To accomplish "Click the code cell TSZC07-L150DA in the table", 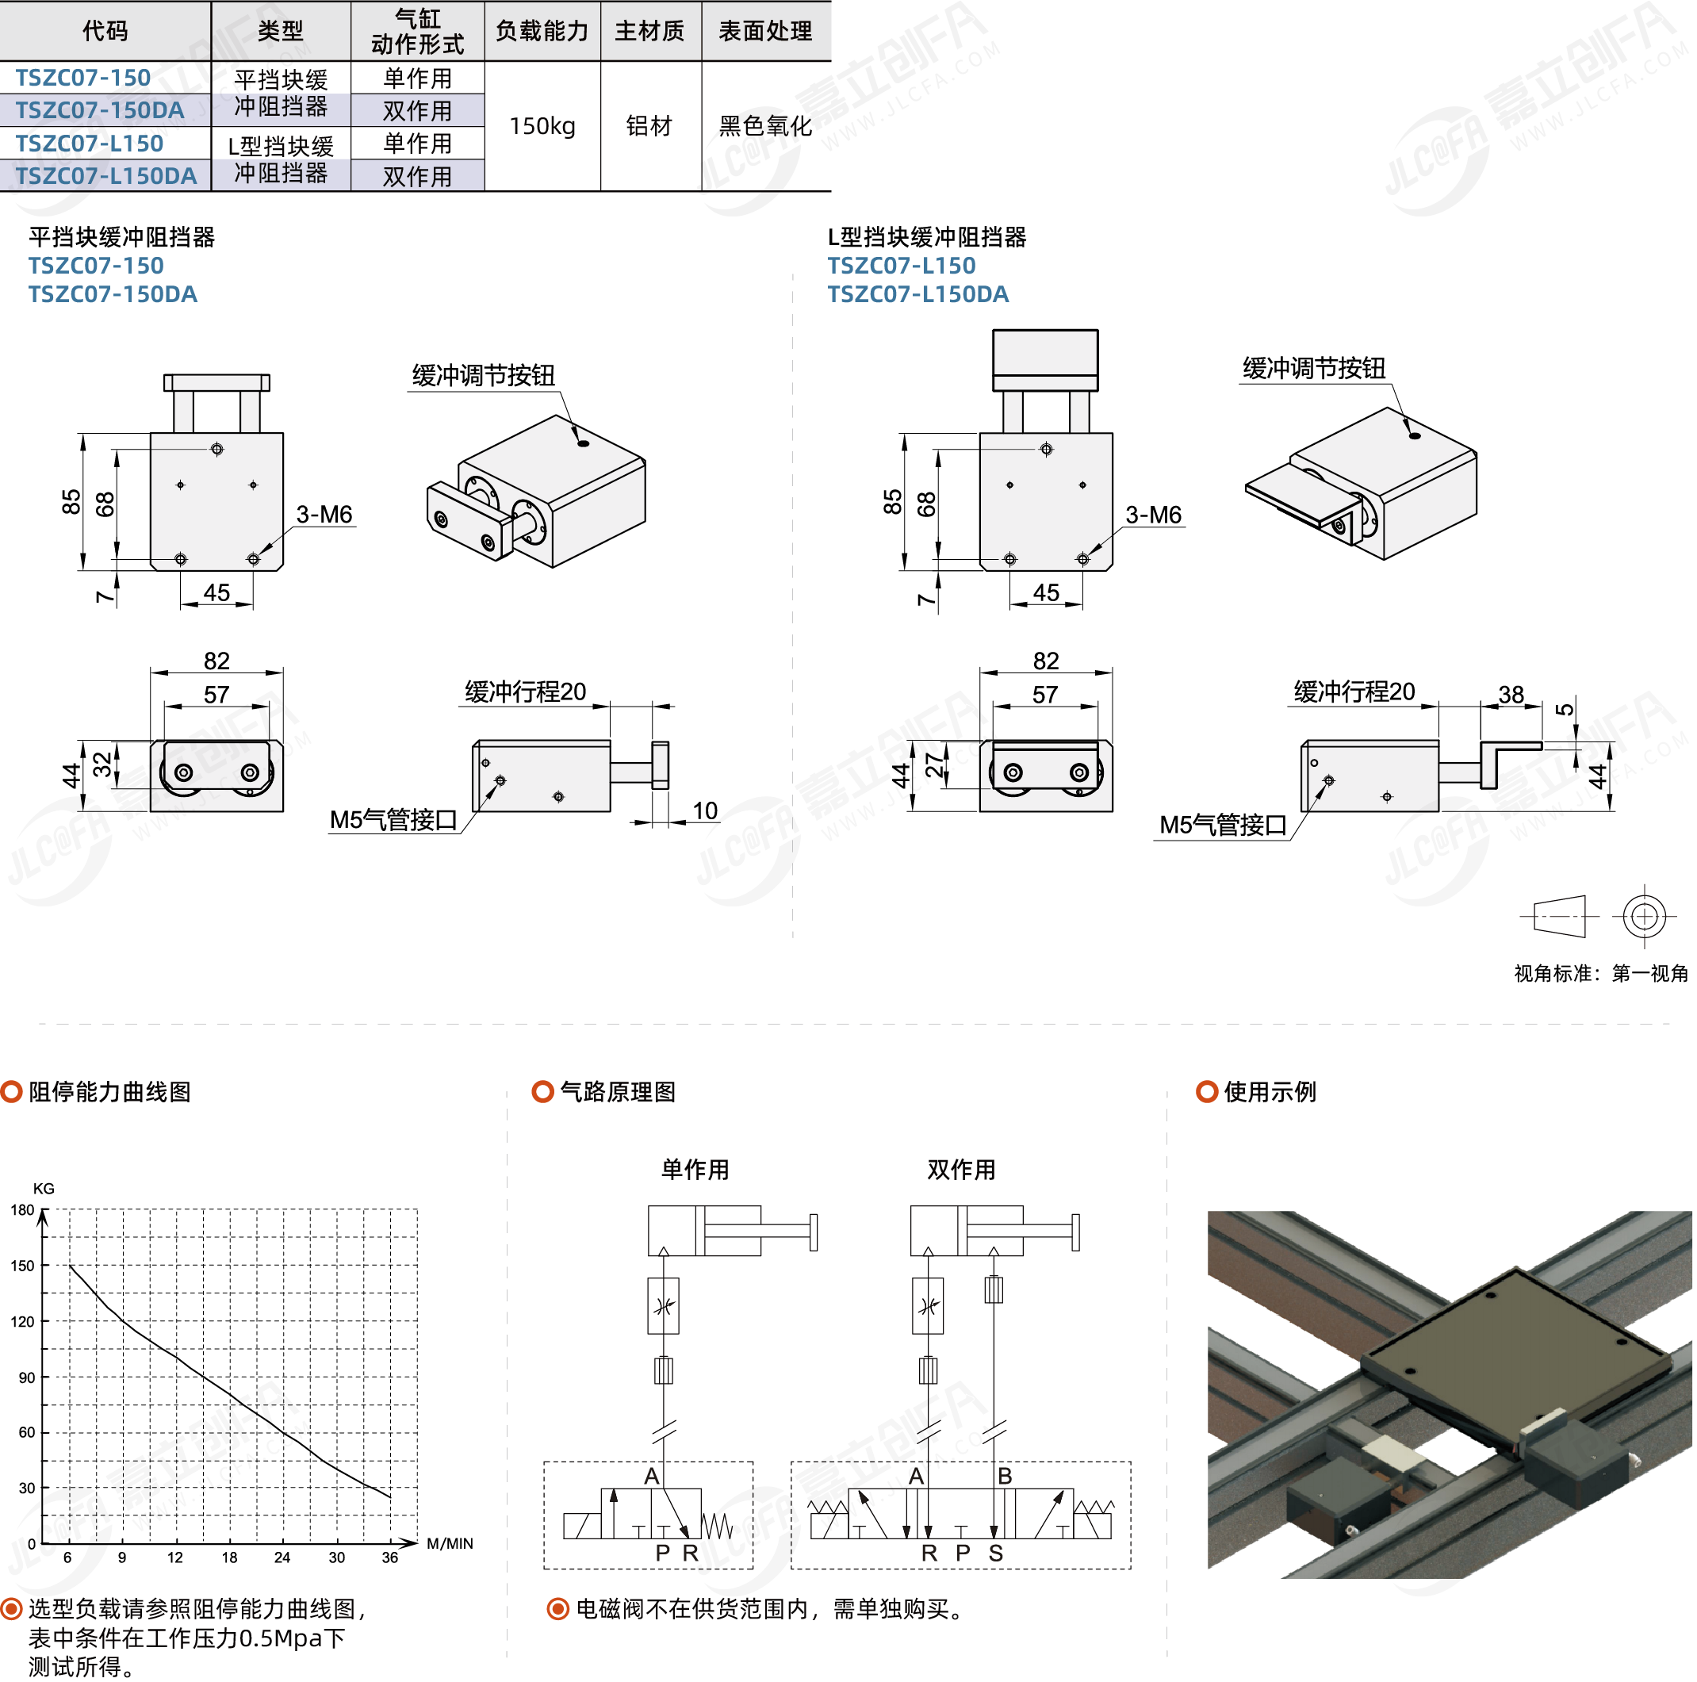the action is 106,176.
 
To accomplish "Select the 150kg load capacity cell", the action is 542,126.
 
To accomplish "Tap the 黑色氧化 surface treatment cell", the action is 765,126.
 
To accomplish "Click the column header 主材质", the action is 650,32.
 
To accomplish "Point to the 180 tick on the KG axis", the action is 23,1210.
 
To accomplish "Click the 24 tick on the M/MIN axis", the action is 282,1557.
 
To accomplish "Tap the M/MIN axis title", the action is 450,1543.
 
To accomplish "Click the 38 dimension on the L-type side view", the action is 1511,695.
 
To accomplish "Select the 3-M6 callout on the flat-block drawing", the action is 324,515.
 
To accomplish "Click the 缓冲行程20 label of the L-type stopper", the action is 1354,692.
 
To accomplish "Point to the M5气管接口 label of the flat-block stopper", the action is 393,820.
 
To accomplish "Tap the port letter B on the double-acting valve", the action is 1005,1476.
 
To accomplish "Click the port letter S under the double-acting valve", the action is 996,1553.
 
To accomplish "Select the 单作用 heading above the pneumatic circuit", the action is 695,1170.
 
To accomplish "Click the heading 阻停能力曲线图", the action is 109,1092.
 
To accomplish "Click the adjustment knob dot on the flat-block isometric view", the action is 583,443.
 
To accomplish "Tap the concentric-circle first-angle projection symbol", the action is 1645,917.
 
